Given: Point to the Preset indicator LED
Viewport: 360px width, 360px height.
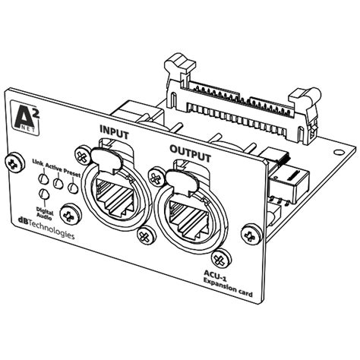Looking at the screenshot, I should pyautogui.click(x=73, y=188).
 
